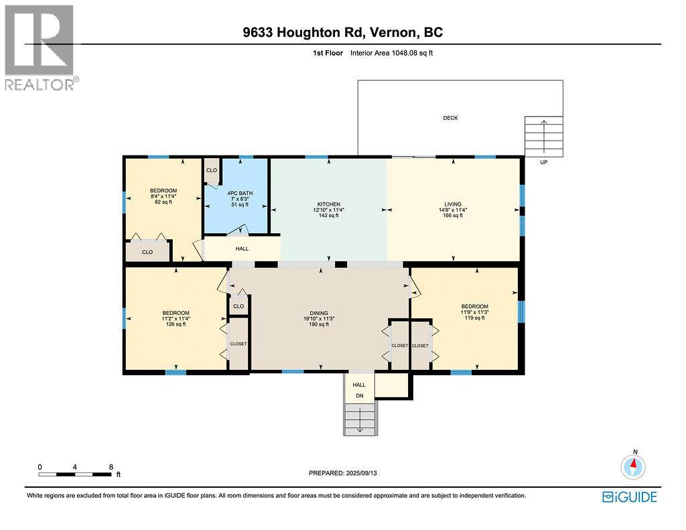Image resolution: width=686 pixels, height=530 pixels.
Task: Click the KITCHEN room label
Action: click(x=328, y=204)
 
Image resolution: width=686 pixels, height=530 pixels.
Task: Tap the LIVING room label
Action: click(x=453, y=204)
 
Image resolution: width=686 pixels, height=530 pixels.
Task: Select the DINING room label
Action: click(x=319, y=313)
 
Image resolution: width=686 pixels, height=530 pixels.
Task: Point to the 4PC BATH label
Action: click(x=240, y=193)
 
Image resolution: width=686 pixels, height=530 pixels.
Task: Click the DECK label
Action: click(x=451, y=118)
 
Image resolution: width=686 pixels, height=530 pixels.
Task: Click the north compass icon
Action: click(x=633, y=466)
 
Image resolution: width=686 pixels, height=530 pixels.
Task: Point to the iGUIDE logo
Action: click(x=630, y=497)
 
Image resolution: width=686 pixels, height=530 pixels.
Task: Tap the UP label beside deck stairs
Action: click(x=543, y=162)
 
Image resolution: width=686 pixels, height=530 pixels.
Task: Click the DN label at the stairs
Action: click(x=359, y=395)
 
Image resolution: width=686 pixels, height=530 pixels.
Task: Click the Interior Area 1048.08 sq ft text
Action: click(x=391, y=53)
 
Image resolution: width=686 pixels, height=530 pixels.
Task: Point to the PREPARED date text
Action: click(x=342, y=473)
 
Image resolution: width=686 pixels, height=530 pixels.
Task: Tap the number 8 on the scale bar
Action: click(x=111, y=467)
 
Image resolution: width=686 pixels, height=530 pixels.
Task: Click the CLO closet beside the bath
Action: click(x=212, y=170)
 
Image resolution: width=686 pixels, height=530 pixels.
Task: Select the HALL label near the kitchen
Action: click(x=242, y=249)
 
